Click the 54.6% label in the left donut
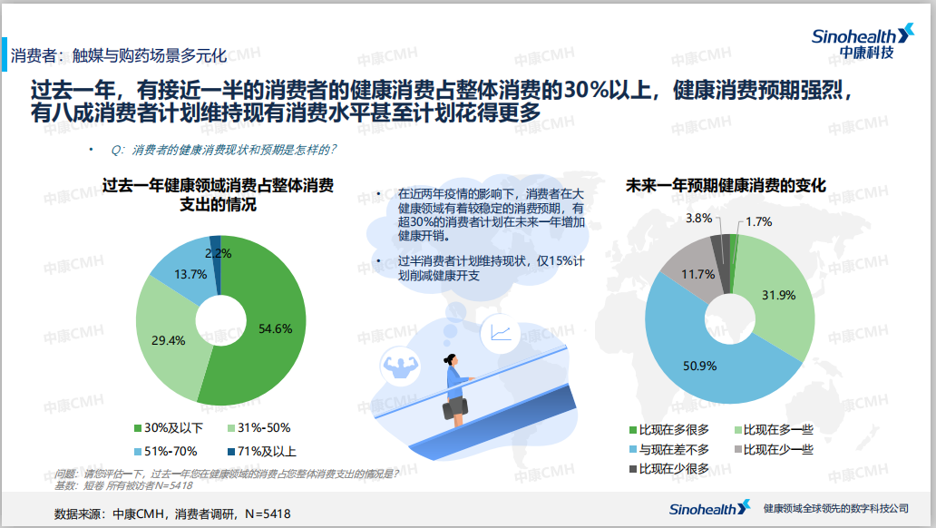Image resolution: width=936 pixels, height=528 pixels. pyautogui.click(x=276, y=328)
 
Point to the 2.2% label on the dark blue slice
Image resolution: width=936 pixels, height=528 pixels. pyautogui.click(x=219, y=252)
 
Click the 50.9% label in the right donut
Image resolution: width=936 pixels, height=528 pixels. pyautogui.click(x=699, y=367)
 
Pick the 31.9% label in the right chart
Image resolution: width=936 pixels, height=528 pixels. pyautogui.click(x=779, y=295)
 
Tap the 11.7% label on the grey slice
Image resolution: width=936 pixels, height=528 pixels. pyautogui.click(x=697, y=273)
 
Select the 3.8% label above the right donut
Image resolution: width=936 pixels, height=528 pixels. pyautogui.click(x=698, y=219)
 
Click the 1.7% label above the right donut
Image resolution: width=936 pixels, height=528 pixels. pyautogui.click(x=759, y=221)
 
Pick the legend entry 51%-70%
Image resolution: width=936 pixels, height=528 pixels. pyautogui.click(x=170, y=451)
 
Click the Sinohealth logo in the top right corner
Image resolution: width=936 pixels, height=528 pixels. pyautogui.click(x=862, y=42)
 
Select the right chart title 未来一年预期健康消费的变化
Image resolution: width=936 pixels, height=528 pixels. pyautogui.click(x=726, y=185)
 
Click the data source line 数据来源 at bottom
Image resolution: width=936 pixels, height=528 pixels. pyautogui.click(x=172, y=514)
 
